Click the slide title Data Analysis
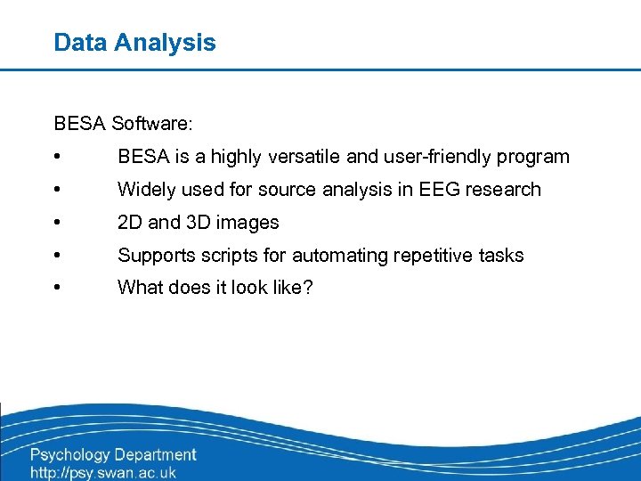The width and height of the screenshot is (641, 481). click(x=134, y=42)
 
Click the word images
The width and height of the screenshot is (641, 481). click(x=248, y=223)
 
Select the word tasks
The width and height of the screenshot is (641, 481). click(x=501, y=256)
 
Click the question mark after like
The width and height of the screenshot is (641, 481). click(x=308, y=289)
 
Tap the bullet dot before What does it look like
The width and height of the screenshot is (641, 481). click(x=57, y=289)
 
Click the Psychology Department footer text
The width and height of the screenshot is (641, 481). click(x=113, y=456)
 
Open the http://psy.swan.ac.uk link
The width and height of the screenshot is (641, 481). click(x=103, y=473)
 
